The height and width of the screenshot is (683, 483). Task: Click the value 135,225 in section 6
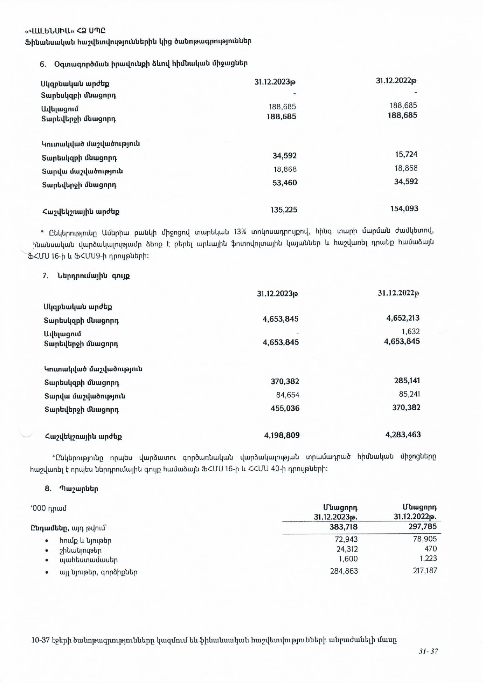[x=284, y=210]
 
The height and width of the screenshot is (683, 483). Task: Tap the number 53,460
[x=285, y=183]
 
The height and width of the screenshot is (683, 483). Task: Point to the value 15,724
[x=406, y=155]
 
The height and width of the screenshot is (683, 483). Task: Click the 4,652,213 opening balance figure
[x=403, y=318]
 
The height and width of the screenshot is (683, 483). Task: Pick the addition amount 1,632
[x=411, y=332]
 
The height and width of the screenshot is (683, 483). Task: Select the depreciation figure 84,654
[x=288, y=395]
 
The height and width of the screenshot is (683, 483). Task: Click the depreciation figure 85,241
[x=409, y=394]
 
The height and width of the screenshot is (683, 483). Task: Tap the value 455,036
[x=285, y=408]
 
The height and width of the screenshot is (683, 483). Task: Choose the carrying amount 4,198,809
[x=282, y=435]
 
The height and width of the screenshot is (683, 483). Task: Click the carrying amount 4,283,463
[x=403, y=435]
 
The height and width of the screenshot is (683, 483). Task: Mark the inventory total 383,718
[x=343, y=527]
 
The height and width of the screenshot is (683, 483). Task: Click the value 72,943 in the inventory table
[x=346, y=539]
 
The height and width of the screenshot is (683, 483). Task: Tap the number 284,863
[x=344, y=571]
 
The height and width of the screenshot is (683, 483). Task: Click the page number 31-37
[x=429, y=651]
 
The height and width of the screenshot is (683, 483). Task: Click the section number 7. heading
[x=45, y=276]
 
